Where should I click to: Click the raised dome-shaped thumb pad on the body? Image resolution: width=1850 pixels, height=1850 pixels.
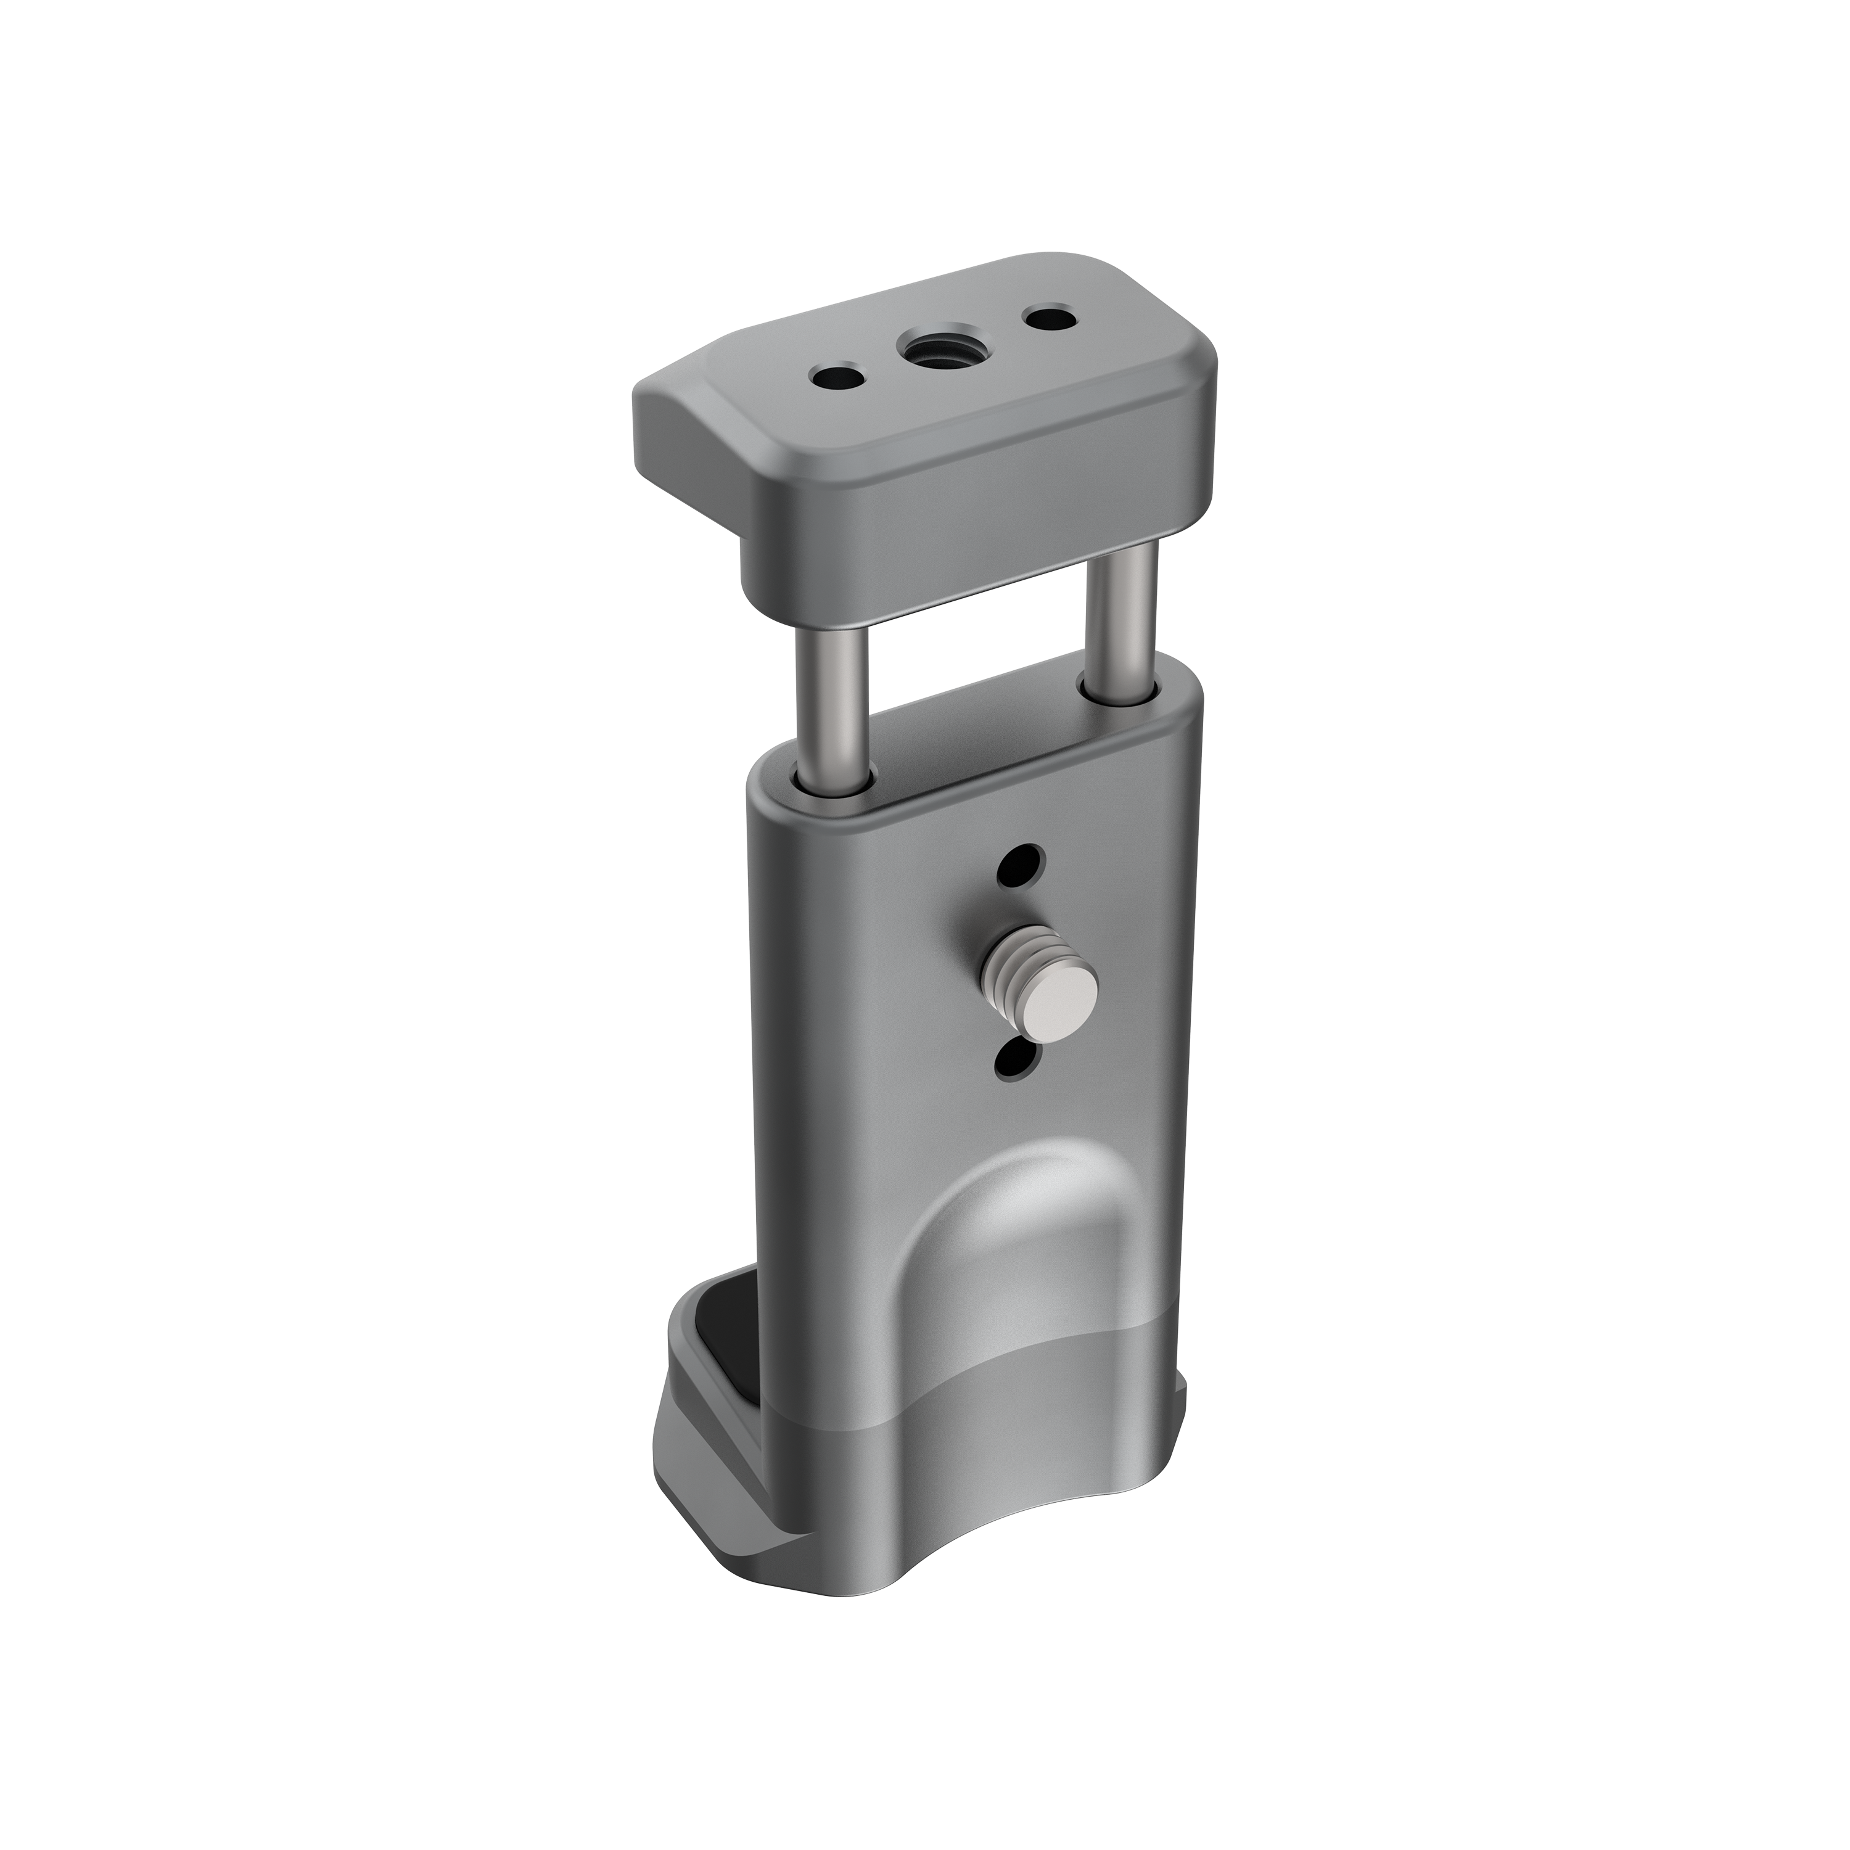[x=1015, y=1226]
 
